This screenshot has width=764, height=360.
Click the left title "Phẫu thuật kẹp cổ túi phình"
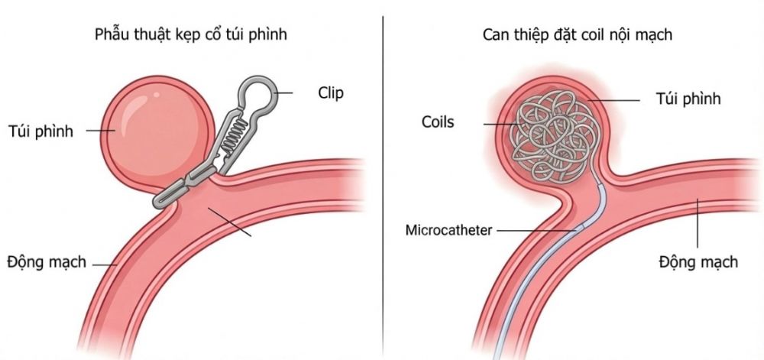point(190,35)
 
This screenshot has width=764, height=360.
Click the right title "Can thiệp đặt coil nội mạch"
point(578,35)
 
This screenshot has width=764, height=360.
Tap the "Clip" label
point(331,92)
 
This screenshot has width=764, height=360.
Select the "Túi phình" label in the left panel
point(40,131)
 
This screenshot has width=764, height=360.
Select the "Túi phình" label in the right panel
point(688,99)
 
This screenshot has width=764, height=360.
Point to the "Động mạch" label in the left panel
point(47,263)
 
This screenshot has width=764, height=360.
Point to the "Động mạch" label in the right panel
point(698,262)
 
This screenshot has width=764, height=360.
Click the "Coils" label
point(438,122)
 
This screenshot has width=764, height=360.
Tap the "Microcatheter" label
point(448,230)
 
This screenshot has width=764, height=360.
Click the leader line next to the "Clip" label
point(283,92)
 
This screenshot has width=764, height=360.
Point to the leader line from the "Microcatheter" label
point(537,230)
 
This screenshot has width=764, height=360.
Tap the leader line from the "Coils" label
point(502,124)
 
